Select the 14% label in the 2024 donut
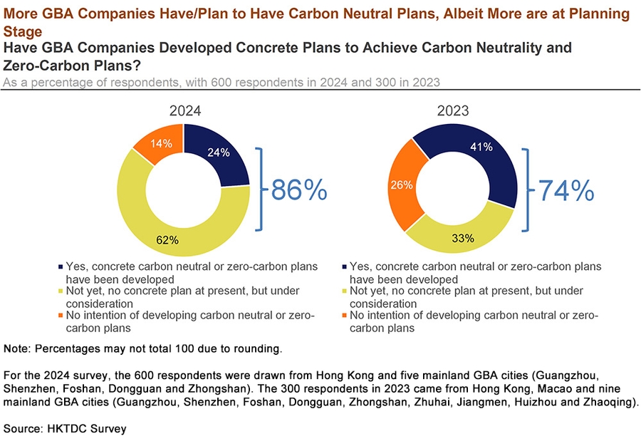tap(161, 143)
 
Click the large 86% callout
tap(298, 190)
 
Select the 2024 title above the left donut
tap(184, 111)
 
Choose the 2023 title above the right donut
tap(452, 111)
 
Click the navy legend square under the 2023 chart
tap(345, 267)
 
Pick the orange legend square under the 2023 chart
tap(345, 316)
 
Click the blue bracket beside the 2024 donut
tap(261, 190)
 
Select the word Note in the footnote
tap(17, 349)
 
